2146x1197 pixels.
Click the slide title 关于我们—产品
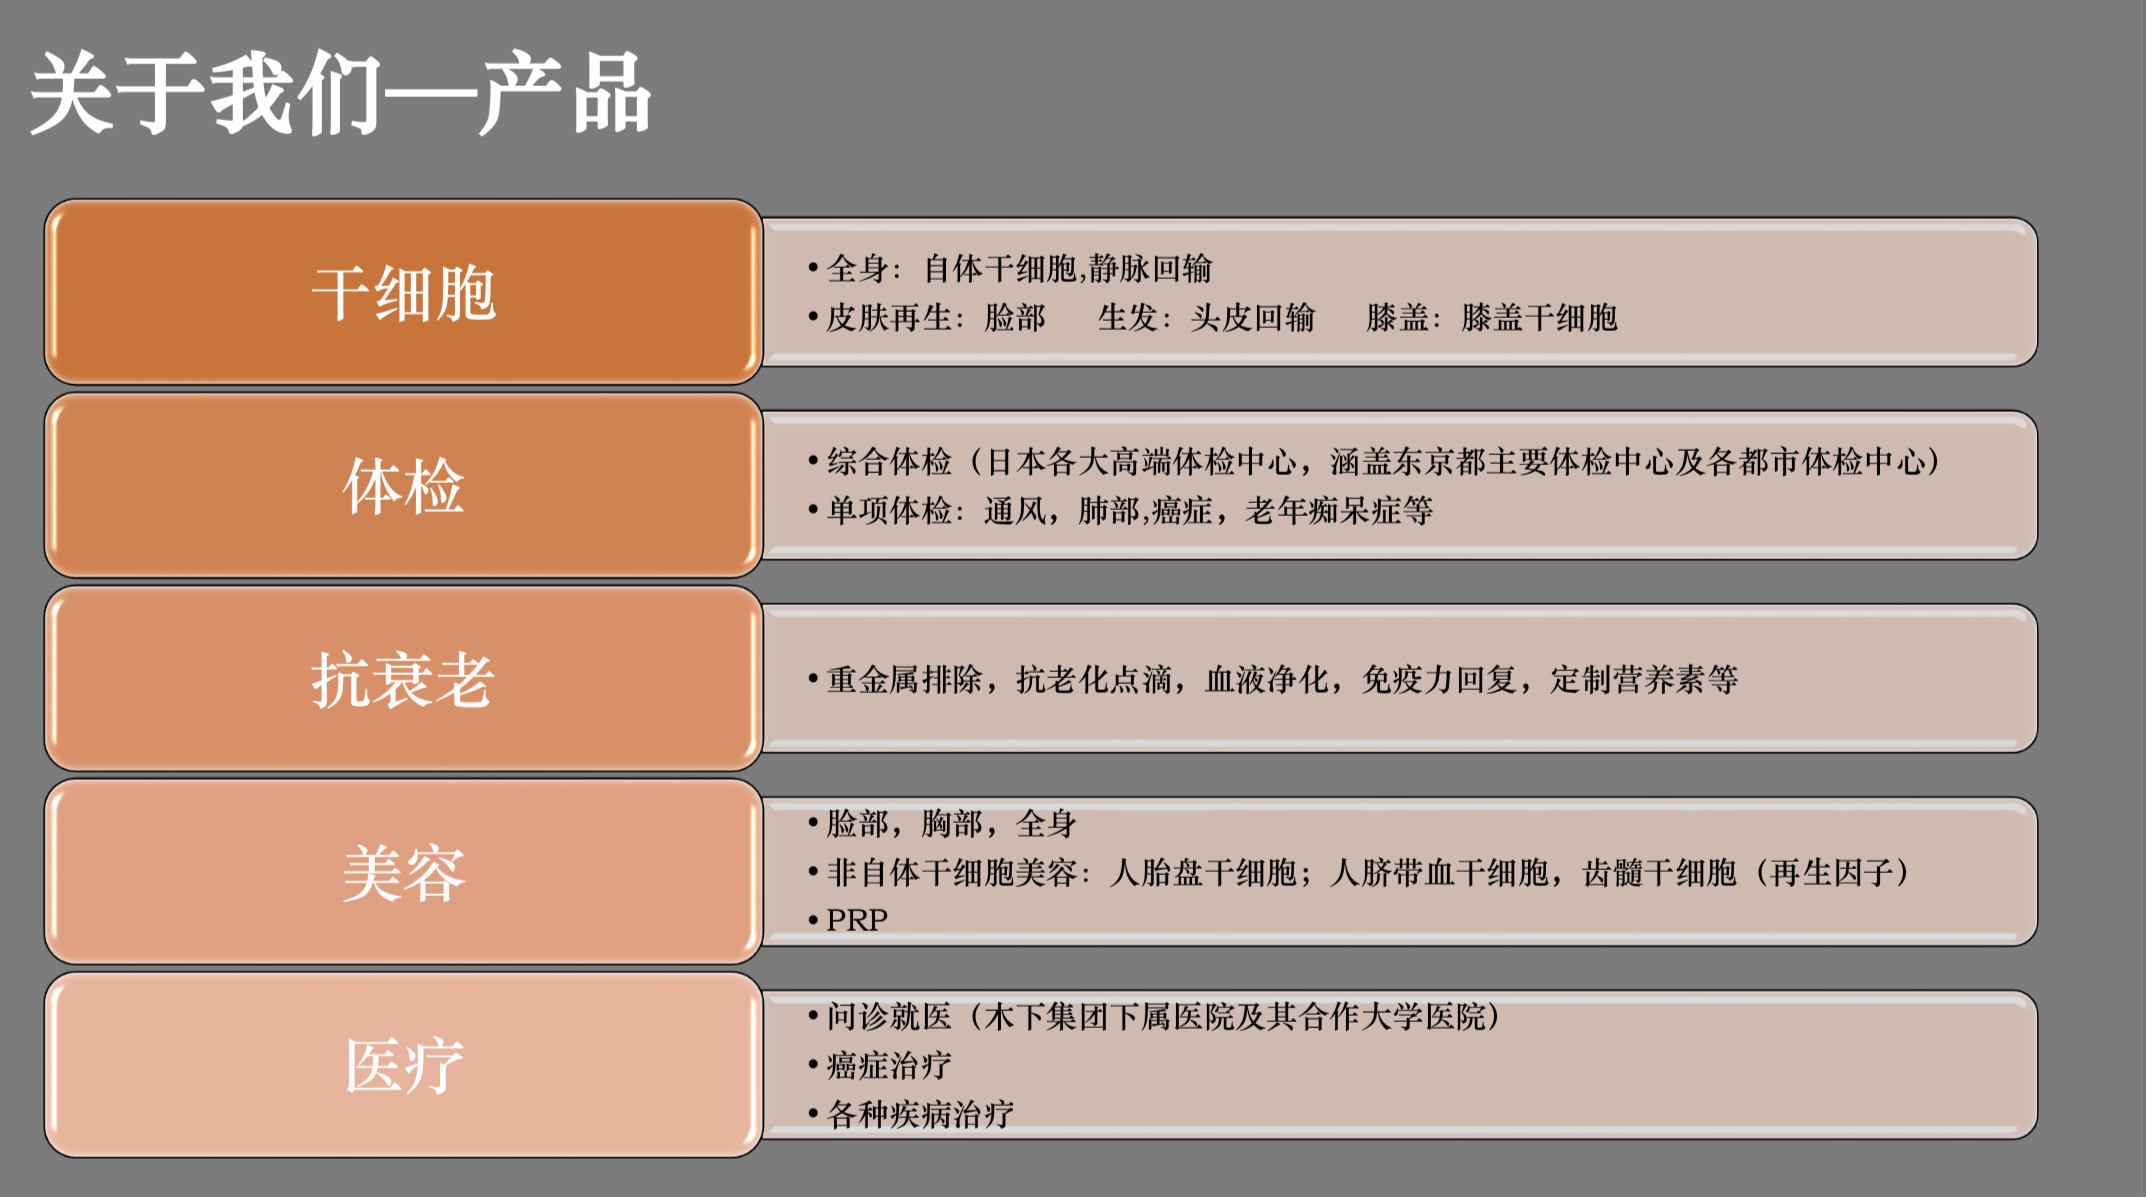tap(340, 93)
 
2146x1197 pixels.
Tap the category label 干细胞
tap(404, 294)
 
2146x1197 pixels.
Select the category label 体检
tap(404, 487)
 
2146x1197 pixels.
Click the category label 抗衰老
tap(404, 680)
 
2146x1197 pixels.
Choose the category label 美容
tap(404, 873)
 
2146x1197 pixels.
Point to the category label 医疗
tap(404, 1066)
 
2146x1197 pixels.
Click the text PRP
tap(857, 920)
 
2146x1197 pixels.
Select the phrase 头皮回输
tap(1253, 318)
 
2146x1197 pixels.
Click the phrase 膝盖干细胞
tap(1540, 318)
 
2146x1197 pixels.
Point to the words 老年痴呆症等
tap(1339, 511)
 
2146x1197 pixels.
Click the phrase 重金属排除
tap(904, 680)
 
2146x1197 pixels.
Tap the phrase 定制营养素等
tap(1645, 680)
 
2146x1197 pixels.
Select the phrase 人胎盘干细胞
tap(1204, 873)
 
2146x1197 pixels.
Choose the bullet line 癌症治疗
tap(889, 1066)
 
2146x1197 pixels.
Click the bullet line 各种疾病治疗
tap(920, 1114)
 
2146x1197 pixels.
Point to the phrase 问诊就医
tap(889, 1017)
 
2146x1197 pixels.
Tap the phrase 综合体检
tap(889, 462)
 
